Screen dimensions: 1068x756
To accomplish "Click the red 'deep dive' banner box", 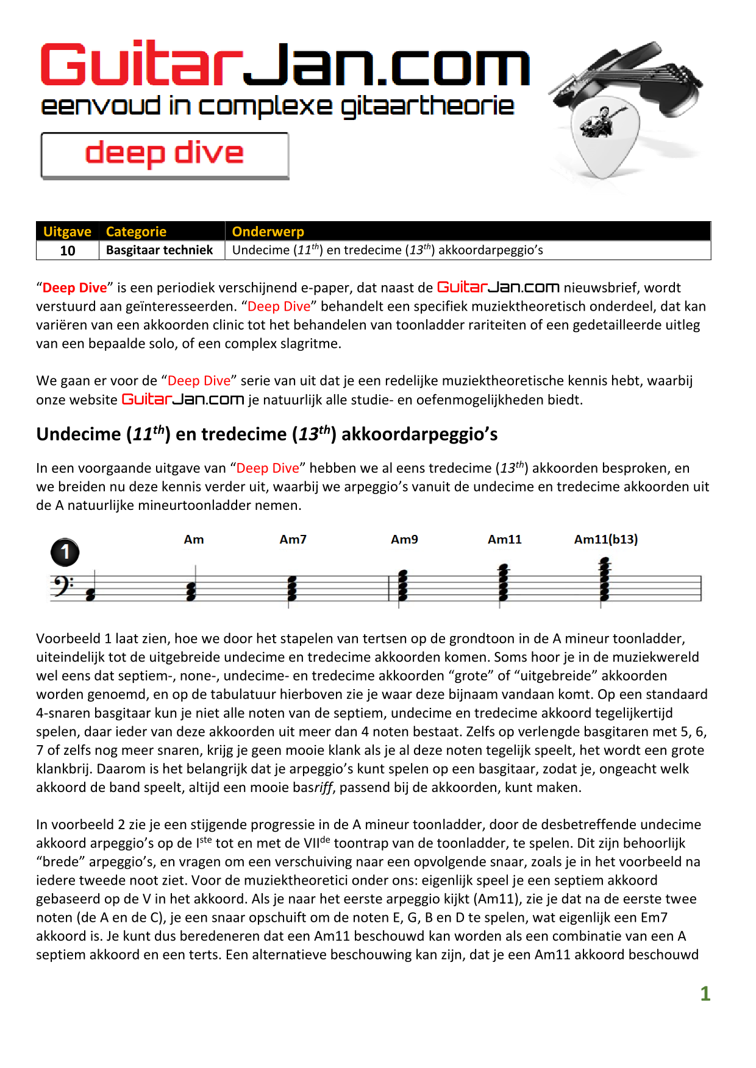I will (165, 155).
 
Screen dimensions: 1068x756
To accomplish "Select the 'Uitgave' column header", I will (67, 232).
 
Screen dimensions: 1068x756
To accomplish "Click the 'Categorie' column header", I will (136, 232).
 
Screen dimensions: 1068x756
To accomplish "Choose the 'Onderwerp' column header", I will (268, 232).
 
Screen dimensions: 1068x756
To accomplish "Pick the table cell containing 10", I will (68, 250).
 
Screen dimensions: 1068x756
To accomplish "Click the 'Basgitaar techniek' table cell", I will (159, 250).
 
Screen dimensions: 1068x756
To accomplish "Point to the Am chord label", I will (194, 540).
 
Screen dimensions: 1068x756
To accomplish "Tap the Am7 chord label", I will (293, 540).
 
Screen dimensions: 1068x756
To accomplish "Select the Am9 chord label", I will (404, 540).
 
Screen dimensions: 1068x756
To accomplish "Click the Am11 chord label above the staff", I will (504, 540).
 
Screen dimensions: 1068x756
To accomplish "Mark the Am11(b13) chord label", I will (605, 540).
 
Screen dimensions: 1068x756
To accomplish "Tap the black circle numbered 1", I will (65, 553).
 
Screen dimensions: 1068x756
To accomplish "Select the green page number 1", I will (705, 994).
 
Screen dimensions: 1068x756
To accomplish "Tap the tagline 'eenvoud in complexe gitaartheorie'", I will (277, 106).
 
